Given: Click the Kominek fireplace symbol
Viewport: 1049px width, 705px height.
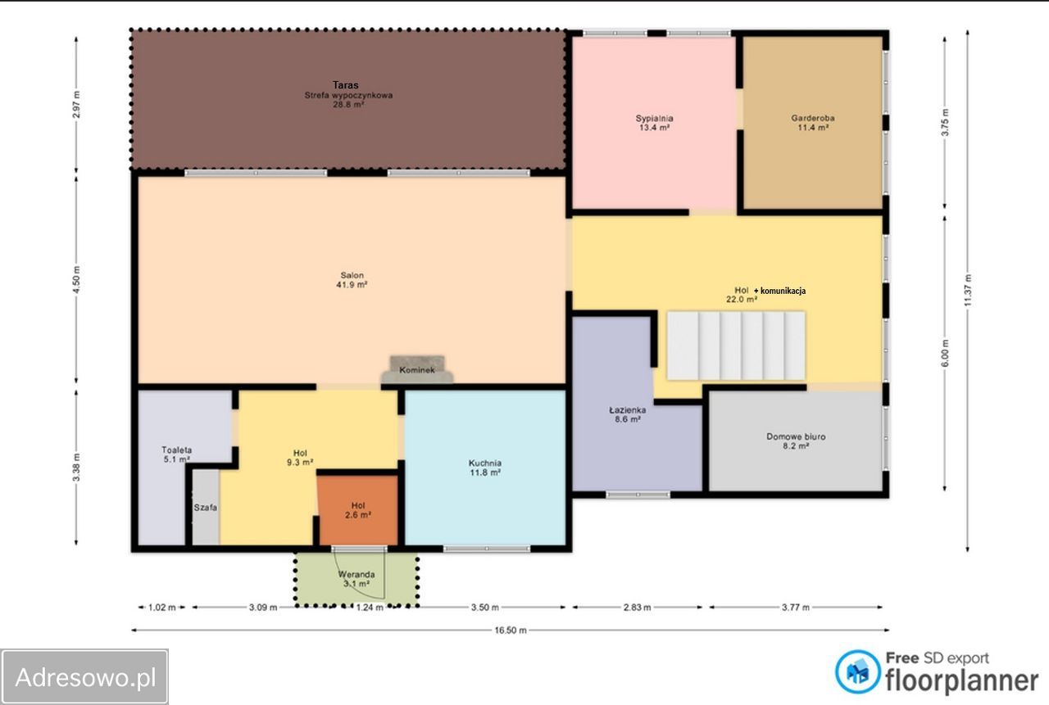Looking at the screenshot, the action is pyautogui.click(x=417, y=369).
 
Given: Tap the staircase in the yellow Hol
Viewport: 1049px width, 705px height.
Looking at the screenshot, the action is pyautogui.click(x=736, y=346).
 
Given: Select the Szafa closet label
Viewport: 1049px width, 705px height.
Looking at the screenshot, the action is pyautogui.click(x=206, y=507).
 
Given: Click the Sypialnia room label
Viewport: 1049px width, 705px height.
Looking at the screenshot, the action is pyautogui.click(x=654, y=118).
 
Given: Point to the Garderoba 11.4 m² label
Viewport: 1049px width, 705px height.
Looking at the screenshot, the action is pyautogui.click(x=813, y=123).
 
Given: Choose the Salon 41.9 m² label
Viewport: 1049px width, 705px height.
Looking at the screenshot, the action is pyautogui.click(x=352, y=280).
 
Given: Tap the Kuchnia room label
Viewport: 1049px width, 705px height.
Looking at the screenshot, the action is pyautogui.click(x=485, y=463).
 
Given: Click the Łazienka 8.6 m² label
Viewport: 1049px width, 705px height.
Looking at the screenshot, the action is pyautogui.click(x=628, y=414).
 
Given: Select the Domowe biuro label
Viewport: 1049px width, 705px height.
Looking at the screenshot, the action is pyautogui.click(x=796, y=436).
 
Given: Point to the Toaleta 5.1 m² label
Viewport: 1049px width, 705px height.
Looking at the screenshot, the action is pyautogui.click(x=176, y=454).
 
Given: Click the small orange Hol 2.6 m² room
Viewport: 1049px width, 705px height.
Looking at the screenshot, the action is pyautogui.click(x=358, y=510).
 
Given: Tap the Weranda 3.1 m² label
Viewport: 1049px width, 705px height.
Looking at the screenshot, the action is pyautogui.click(x=356, y=579).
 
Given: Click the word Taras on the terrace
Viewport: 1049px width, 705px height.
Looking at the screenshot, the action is pyautogui.click(x=346, y=84).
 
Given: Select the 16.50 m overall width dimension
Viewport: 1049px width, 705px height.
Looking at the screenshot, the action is pyautogui.click(x=511, y=630).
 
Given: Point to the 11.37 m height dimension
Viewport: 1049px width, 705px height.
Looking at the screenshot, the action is pyautogui.click(x=968, y=291).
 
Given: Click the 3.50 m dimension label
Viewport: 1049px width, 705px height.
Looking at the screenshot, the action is pyautogui.click(x=484, y=608).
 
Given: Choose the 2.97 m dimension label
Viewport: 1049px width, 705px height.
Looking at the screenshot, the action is pyautogui.click(x=77, y=104).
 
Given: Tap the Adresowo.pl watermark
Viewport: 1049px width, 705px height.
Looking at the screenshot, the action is pyautogui.click(x=84, y=677).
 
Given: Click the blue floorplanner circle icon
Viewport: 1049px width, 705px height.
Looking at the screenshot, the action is pyautogui.click(x=857, y=671).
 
